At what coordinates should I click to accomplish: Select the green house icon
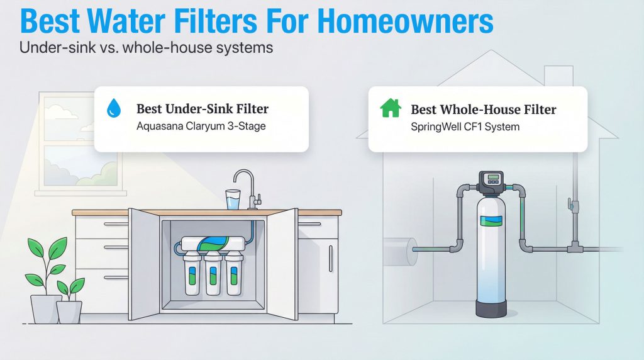[391, 108]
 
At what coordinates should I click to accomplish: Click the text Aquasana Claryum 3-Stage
[201, 126]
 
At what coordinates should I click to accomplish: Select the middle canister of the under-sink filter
[213, 277]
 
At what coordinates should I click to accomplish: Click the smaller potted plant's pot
[69, 311]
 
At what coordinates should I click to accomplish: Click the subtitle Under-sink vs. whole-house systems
[146, 48]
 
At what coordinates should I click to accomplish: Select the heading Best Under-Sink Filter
[203, 108]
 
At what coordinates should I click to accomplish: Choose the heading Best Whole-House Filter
[484, 109]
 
